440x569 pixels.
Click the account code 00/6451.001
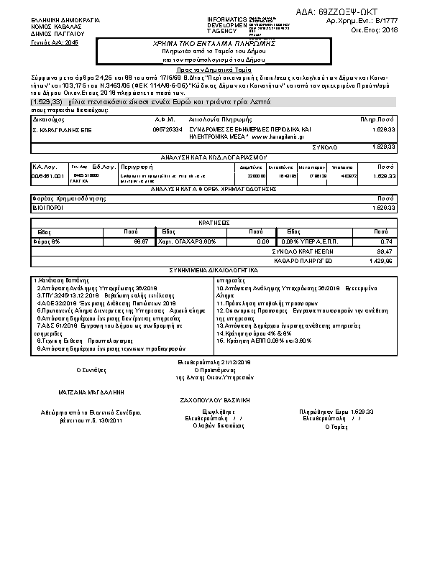pos(48,175)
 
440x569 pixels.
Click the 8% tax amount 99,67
pos(140,241)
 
